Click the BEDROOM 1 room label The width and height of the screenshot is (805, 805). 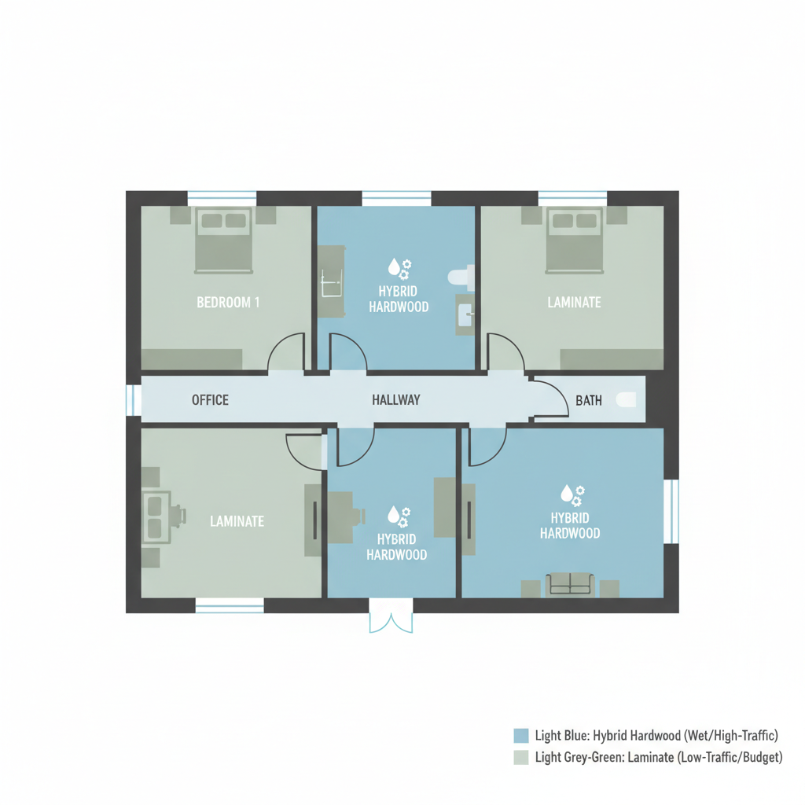coord(228,302)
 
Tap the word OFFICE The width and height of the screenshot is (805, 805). coord(210,400)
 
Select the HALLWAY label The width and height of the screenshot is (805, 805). coord(395,400)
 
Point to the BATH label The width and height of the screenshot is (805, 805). coord(589,401)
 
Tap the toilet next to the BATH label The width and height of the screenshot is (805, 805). coord(626,399)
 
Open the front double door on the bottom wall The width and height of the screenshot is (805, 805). coord(391,616)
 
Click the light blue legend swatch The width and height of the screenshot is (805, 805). coord(520,736)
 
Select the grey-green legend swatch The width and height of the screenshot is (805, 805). coord(520,758)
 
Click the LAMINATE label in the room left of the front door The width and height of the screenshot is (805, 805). coord(237,520)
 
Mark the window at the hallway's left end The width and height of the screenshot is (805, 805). coord(132,399)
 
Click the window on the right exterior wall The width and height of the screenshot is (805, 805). coord(671,511)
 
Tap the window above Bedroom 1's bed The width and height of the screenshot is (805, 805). coord(222,197)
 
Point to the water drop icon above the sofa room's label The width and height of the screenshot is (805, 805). coord(566,493)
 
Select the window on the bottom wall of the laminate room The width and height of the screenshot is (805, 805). coord(230,605)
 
